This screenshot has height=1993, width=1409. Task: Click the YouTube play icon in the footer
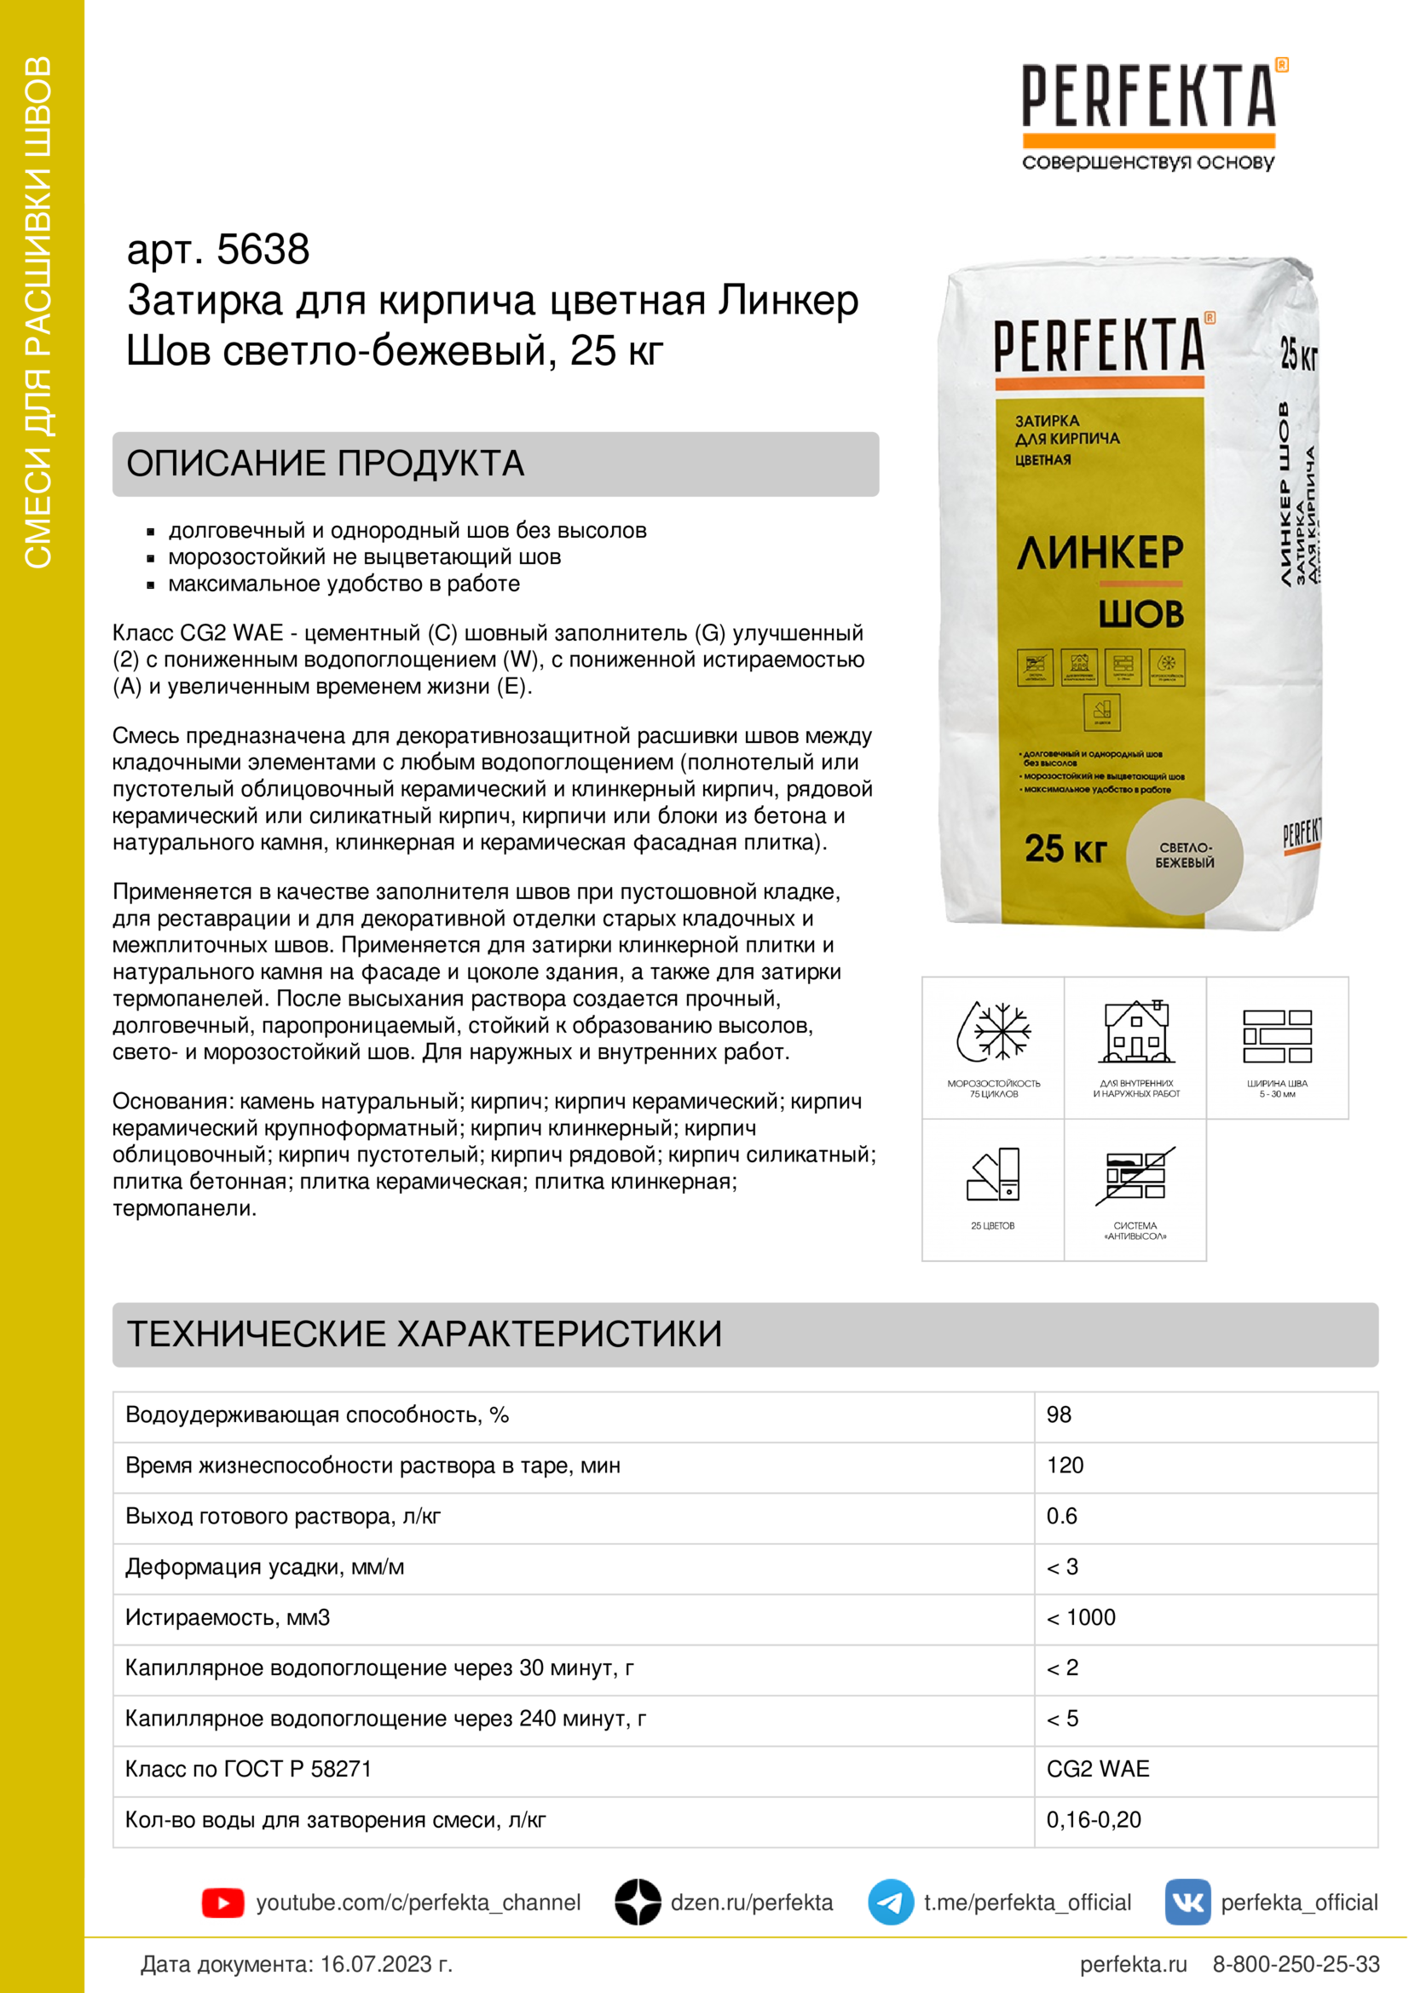tap(223, 1903)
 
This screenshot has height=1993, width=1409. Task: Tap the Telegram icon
tap(890, 1902)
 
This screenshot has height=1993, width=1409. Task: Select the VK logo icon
tap(1187, 1902)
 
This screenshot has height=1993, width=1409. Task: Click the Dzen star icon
tap(638, 1902)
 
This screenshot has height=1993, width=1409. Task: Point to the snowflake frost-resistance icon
tap(994, 1032)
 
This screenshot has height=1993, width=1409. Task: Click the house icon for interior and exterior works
tap(1135, 1032)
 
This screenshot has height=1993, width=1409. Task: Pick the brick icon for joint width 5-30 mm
tap(1277, 1035)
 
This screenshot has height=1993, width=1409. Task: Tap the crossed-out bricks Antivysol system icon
tap(1135, 1176)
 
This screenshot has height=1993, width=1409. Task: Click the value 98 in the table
tap(1059, 1415)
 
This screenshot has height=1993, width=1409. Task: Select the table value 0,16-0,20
tap(1093, 1819)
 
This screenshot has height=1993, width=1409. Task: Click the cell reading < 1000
tap(1081, 1617)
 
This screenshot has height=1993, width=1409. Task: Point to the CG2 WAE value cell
tap(1097, 1769)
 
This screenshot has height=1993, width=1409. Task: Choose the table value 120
tap(1065, 1466)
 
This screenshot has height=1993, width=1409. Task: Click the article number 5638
tap(263, 250)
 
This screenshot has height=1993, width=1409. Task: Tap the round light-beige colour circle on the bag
tap(1184, 855)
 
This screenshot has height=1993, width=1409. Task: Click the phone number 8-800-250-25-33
tap(1296, 1964)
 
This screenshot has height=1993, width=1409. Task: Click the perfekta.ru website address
tap(1133, 1964)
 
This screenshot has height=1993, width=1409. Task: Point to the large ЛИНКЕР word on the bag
tap(1100, 553)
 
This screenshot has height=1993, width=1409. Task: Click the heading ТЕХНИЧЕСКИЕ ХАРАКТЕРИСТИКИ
tap(424, 1334)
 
